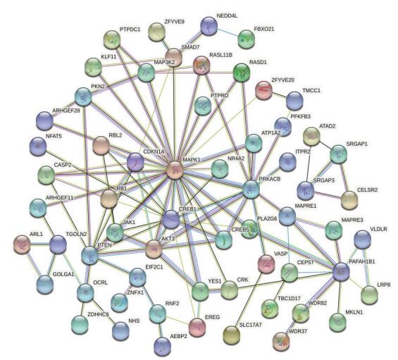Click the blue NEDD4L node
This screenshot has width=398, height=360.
pos(209,25)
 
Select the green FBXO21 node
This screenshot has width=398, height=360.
pos(247,39)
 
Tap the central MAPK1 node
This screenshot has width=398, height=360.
pos(175,170)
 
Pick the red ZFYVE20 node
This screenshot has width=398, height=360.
pos(263,90)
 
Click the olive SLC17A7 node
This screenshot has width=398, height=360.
pos(232,335)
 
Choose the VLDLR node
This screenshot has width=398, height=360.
pos(363,239)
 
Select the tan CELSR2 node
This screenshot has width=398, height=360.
pos(349,200)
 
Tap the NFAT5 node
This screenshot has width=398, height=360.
pos(38,146)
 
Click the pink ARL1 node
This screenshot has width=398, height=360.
pos(22,244)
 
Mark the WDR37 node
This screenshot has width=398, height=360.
pos(281,341)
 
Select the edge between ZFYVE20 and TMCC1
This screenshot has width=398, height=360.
pos(279,96)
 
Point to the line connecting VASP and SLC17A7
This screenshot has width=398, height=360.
pos(248,300)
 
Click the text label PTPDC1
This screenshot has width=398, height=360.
pos(130,30)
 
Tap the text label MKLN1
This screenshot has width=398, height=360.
pos(354,312)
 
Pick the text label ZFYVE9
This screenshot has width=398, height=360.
pos(174,22)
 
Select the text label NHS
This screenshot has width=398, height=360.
pos(134,321)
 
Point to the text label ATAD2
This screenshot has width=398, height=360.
pos(327,126)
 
